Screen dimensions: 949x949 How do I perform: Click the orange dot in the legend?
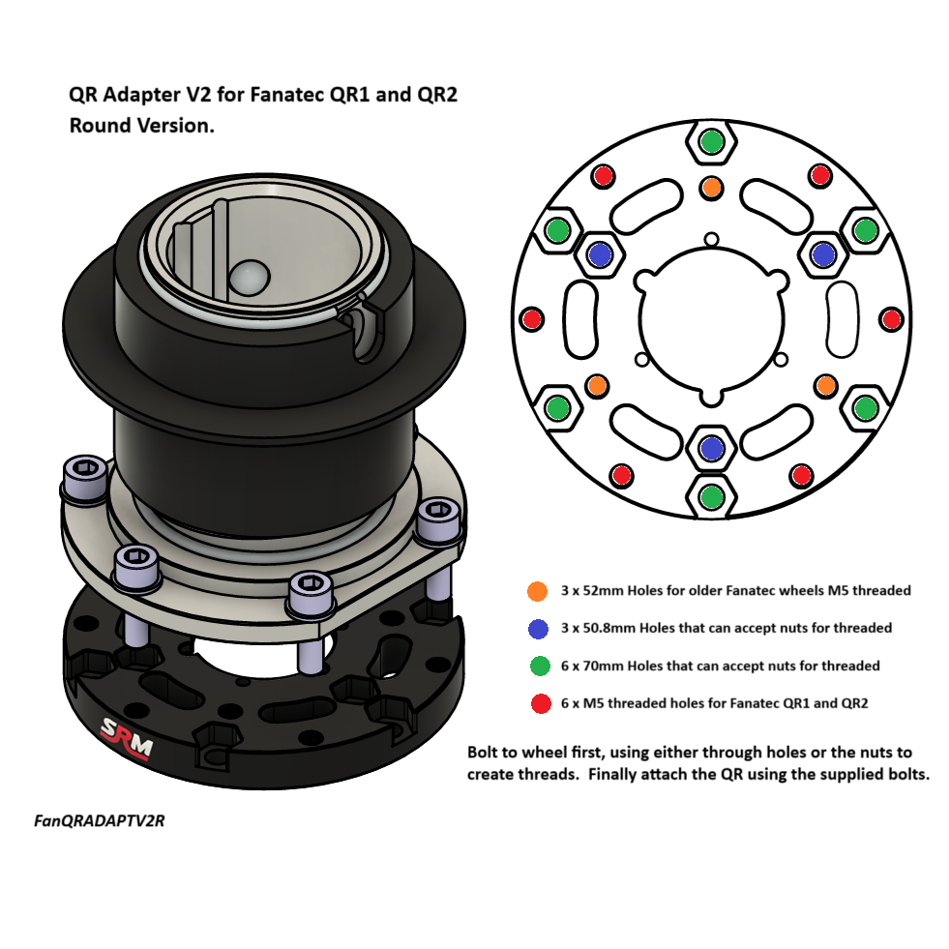click(538, 590)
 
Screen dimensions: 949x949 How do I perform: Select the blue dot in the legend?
click(538, 628)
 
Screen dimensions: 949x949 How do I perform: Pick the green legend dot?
click(538, 666)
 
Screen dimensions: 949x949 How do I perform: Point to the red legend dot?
click(538, 703)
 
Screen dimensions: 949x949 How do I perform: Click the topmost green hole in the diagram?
click(711, 142)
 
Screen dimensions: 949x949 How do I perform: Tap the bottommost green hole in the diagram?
click(711, 496)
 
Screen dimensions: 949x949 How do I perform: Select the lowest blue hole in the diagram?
click(711, 449)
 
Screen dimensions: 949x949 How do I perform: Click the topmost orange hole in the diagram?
click(711, 187)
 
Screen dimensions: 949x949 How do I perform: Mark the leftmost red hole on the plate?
click(531, 318)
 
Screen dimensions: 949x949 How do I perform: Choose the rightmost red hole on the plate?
click(892, 318)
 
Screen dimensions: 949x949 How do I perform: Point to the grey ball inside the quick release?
click(248, 278)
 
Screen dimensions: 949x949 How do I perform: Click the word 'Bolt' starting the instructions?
click(484, 753)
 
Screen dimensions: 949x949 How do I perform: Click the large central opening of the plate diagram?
click(711, 324)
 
